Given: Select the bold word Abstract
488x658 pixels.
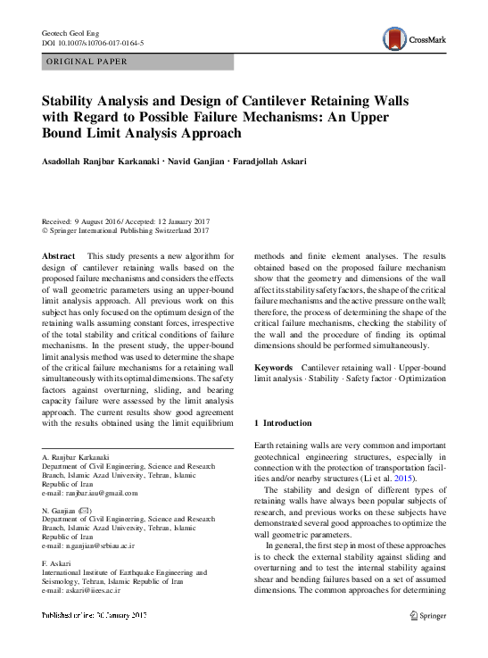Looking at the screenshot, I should pyautogui.click(x=60, y=256).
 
